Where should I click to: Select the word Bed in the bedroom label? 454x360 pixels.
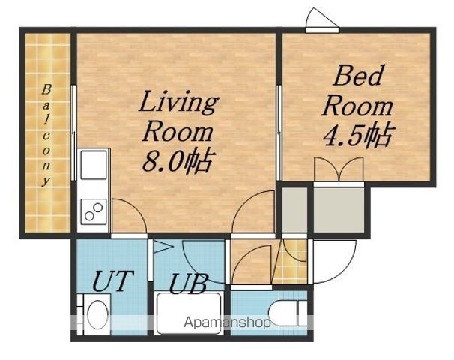tap(357, 75)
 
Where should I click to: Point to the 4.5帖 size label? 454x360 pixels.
tap(358, 135)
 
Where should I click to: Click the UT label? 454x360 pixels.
tap(113, 280)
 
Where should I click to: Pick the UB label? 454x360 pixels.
tap(188, 283)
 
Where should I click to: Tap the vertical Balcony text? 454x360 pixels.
tap(46, 135)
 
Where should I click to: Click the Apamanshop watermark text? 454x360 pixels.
tap(227, 322)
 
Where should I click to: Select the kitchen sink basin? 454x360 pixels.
tap(93, 165)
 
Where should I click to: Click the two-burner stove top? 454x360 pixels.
tap(93, 212)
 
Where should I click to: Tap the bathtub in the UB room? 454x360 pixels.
tap(189, 313)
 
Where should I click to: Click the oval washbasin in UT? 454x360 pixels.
tap(97, 314)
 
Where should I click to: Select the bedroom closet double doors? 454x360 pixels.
tap(339, 169)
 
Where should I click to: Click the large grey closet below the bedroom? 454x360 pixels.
tap(339, 210)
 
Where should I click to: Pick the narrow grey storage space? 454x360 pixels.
tap(294, 210)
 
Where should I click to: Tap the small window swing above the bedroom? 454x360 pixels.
tap(322, 19)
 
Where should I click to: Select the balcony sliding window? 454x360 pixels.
tap(74, 133)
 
